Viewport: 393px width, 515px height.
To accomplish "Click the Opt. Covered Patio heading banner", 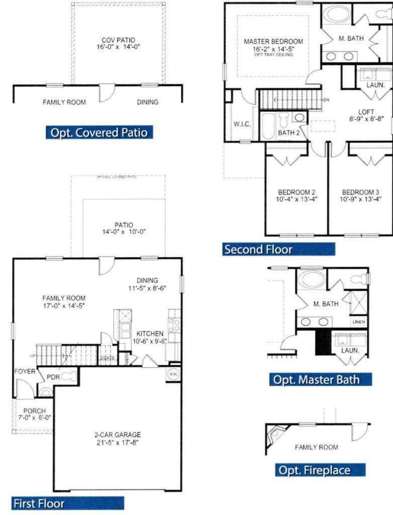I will (x=99, y=132).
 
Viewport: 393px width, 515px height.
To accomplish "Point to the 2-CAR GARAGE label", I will (x=118, y=435).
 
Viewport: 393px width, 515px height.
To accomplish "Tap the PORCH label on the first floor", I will (x=35, y=410).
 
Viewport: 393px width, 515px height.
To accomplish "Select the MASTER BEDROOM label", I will (x=273, y=41).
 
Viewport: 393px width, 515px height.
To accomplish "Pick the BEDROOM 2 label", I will (x=297, y=192).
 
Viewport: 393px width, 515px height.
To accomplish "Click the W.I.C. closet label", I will (x=242, y=124).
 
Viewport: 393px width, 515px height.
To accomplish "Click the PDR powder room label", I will (x=54, y=377).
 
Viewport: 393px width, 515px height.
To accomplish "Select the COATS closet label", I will (x=108, y=358).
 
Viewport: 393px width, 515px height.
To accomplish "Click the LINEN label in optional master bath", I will (x=359, y=322).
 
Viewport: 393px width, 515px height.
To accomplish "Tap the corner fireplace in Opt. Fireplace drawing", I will (x=277, y=432).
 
